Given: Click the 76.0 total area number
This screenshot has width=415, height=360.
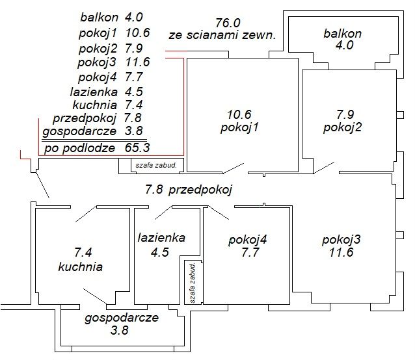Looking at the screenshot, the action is coord(228,23).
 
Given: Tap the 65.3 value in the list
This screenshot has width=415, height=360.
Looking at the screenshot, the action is coord(137,148).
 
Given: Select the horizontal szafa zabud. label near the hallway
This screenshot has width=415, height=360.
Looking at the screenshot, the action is coord(156,166).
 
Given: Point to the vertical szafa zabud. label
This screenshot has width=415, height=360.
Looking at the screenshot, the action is coord(193,283).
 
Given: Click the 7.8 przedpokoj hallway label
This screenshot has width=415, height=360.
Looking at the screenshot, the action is coord(189,190).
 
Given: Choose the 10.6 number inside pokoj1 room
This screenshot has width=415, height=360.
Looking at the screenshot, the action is coord(239,114).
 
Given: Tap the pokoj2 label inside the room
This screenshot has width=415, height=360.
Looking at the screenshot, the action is coord(342,127).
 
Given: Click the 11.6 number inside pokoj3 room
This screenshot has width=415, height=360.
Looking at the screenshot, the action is coord(341,252).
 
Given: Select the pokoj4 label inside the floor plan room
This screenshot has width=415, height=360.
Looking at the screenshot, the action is coord(247,240).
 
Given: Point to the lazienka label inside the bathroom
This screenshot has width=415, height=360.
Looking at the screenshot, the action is coord(161,237).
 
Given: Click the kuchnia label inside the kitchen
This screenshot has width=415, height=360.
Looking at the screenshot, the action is coord(80,266).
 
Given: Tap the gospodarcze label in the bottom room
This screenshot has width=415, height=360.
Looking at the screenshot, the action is coord(122,318).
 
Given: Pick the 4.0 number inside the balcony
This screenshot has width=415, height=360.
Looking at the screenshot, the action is coord(344,45).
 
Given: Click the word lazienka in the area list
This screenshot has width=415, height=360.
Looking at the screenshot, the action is coord(94,92).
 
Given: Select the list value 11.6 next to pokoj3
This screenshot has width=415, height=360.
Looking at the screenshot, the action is coord(138,62).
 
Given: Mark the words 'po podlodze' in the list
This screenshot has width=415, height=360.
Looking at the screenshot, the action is coord(79,148).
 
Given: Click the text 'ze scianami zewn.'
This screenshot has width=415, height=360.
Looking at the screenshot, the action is coord(222,35).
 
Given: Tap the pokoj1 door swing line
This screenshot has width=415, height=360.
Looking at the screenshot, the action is coord(233,168).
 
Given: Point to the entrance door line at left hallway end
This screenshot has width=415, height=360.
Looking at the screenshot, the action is coord(43,185).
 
